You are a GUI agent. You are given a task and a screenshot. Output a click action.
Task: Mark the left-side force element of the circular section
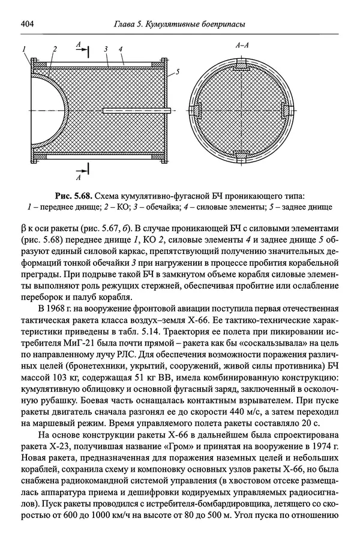(197, 109)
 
